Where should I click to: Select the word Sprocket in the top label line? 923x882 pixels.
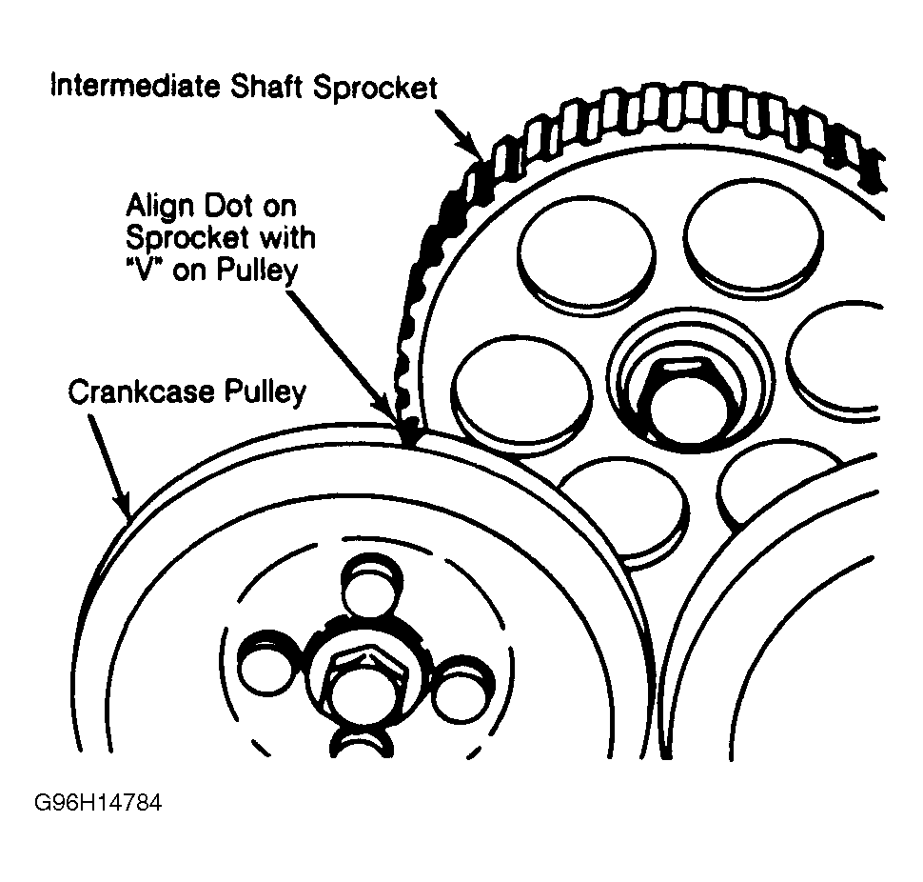tap(375, 89)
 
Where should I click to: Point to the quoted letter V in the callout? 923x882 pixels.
tap(141, 271)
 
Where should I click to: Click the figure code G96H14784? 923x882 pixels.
tap(99, 803)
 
